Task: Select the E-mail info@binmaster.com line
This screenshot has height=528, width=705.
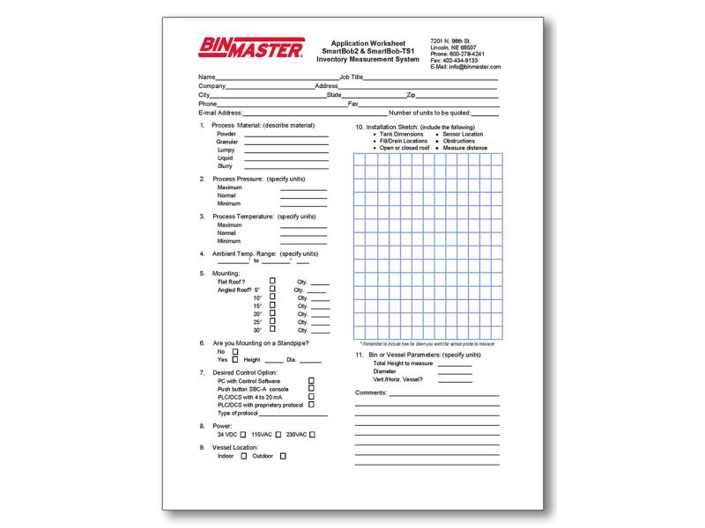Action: point(465,67)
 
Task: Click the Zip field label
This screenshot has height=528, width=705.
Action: point(411,95)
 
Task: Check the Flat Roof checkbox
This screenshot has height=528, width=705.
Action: point(273,281)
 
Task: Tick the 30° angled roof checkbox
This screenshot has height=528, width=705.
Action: point(273,329)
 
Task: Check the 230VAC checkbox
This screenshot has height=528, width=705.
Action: point(312,434)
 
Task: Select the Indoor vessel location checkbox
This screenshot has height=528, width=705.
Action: point(244,456)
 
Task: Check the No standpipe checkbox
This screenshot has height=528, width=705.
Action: point(235,351)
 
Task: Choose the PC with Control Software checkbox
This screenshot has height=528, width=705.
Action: point(311,380)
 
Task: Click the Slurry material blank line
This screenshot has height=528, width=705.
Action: point(286,165)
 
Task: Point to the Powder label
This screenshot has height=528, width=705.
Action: point(226,134)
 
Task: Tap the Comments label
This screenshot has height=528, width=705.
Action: point(371,392)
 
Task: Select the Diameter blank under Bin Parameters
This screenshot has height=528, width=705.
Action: point(455,371)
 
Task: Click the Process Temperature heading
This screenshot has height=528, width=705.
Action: point(263,216)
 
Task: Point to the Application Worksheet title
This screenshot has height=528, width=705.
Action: point(368,43)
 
